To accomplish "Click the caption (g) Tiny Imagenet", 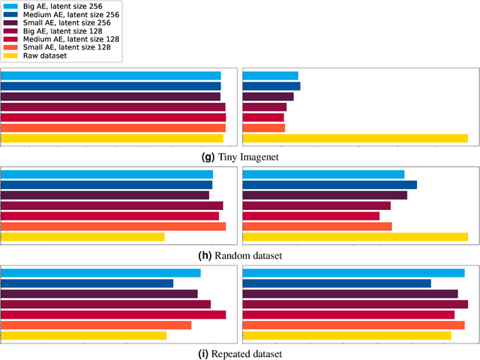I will pyautogui.click(x=240, y=157).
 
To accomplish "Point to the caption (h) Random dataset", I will pyautogui.click(x=240, y=256).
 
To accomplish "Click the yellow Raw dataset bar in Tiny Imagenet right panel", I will pyautogui.click(x=355, y=138).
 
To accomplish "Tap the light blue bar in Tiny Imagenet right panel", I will pyautogui.click(x=270, y=76).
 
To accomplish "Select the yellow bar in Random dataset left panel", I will pyautogui.click(x=82, y=237).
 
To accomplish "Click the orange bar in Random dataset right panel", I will pyautogui.click(x=316, y=226).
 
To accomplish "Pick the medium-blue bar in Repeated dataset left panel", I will pyautogui.click(x=87, y=283).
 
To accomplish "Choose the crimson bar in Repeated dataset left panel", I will pyautogui.click(x=113, y=315).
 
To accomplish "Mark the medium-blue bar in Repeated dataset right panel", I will pyautogui.click(x=337, y=283).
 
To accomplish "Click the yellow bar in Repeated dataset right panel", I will pyautogui.click(x=346, y=335).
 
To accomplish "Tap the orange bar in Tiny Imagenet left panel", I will pyautogui.click(x=113, y=127).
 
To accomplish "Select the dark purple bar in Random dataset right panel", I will pyautogui.click(x=325, y=195).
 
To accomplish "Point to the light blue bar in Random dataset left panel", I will pyautogui.click(x=106, y=174).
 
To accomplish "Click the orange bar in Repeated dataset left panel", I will pyautogui.click(x=96, y=325).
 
